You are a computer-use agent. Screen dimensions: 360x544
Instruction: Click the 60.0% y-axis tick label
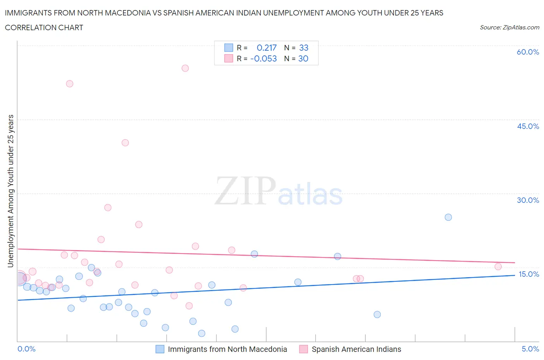[x=528, y=52]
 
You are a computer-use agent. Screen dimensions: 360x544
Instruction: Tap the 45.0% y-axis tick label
[x=528, y=126]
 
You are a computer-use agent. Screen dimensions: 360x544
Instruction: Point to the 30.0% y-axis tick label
[x=528, y=200]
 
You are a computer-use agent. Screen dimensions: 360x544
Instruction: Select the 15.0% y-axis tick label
[x=529, y=274]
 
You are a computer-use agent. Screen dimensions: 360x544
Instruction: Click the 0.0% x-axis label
[x=26, y=349]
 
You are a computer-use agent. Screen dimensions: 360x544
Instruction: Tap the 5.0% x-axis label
[x=530, y=349]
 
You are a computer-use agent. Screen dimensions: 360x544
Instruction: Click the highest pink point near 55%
[x=185, y=68]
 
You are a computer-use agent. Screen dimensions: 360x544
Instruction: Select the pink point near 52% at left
[x=70, y=84]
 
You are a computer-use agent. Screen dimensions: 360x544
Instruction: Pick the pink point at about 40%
[x=125, y=142]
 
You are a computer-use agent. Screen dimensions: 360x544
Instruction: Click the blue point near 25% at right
[x=448, y=217]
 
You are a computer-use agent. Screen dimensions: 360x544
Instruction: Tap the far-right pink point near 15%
[x=498, y=266]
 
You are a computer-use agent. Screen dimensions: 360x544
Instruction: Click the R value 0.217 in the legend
[x=267, y=48]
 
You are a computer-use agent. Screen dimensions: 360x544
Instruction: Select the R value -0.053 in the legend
[x=263, y=58]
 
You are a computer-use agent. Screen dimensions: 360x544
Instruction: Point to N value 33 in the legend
[x=304, y=48]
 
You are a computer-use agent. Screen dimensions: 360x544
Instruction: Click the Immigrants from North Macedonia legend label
[x=227, y=349]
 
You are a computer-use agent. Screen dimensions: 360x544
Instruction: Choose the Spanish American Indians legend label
[x=356, y=349]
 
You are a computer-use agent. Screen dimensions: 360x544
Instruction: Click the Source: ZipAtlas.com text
[x=509, y=27]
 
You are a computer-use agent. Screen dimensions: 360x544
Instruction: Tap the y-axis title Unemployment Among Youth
[x=11, y=191]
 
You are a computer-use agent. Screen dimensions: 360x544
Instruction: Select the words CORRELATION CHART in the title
[x=44, y=27]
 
